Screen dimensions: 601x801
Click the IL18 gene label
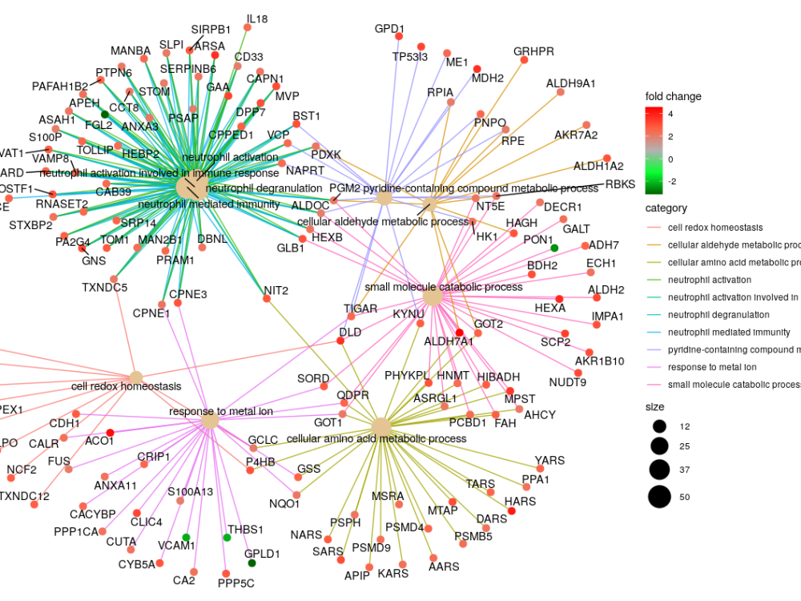pyautogui.click(x=257, y=18)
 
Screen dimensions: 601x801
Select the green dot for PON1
pyautogui.click(x=553, y=248)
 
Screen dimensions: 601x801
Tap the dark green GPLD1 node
pyautogui.click(x=252, y=563)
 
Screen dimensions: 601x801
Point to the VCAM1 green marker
pyautogui.click(x=186, y=537)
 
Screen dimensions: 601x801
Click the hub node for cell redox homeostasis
pyautogui.click(x=136, y=377)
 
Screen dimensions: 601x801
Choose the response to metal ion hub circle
pyautogui.click(x=210, y=421)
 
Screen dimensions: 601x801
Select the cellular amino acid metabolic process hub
pyautogui.click(x=381, y=426)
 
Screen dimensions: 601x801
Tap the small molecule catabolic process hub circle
pyautogui.click(x=433, y=297)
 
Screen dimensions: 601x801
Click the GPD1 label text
pyautogui.click(x=389, y=30)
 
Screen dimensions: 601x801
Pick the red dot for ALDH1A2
pyautogui.click(x=607, y=158)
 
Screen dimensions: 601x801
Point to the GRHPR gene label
pyautogui.click(x=533, y=51)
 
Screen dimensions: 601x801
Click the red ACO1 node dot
pyautogui.click(x=111, y=434)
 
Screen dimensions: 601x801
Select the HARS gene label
pyautogui.click(x=520, y=502)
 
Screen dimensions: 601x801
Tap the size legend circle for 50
pyautogui.click(x=659, y=497)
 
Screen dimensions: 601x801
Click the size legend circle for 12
pyautogui.click(x=659, y=425)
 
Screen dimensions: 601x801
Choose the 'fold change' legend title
pyautogui.click(x=673, y=96)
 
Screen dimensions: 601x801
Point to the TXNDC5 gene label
pyautogui.click(x=104, y=288)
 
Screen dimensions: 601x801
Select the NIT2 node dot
pyautogui.click(x=268, y=299)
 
